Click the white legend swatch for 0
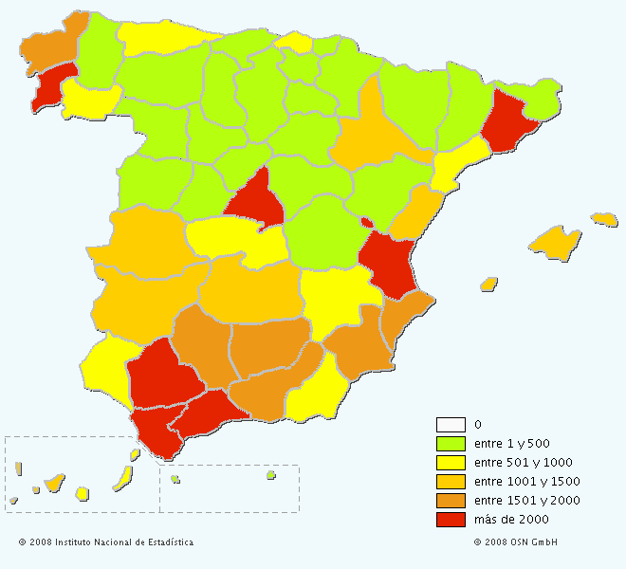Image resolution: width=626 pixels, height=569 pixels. [451, 424]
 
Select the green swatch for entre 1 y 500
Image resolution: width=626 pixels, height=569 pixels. [451, 443]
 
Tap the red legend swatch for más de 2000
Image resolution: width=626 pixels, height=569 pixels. [451, 519]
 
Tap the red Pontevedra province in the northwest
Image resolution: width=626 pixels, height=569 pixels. [53, 85]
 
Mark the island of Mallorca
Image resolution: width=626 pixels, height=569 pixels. [555, 243]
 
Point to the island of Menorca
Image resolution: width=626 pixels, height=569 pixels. [604, 219]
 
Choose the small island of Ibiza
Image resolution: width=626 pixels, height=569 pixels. [489, 284]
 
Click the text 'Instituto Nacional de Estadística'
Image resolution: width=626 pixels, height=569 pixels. [123, 542]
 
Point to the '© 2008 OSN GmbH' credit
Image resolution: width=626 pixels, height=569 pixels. [516, 542]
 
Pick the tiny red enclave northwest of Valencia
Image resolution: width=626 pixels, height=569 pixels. [366, 223]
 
